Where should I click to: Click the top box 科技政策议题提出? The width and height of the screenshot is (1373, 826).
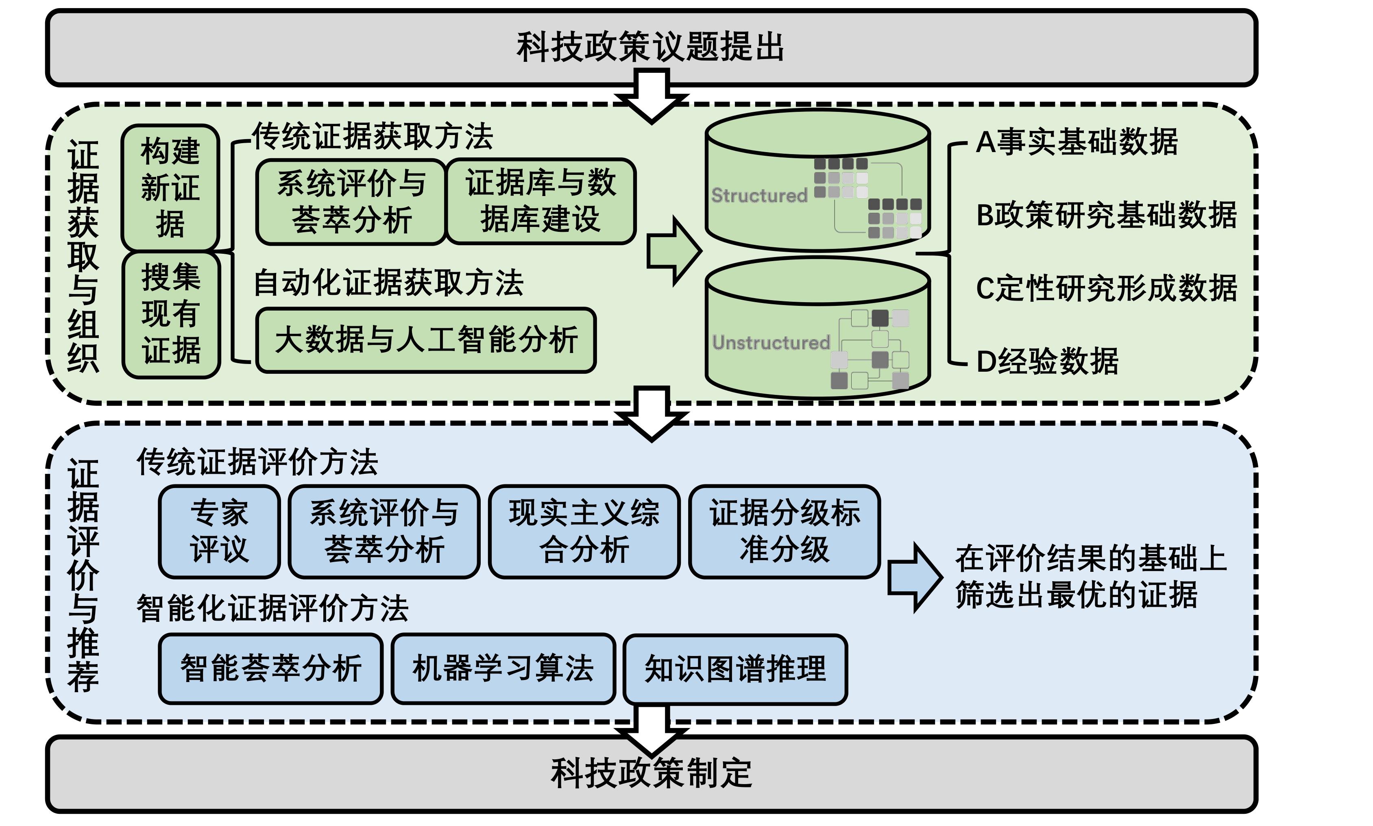coord(651,47)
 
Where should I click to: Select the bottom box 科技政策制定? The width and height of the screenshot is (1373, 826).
coord(651,774)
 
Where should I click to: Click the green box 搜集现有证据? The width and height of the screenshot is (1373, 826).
coord(171,314)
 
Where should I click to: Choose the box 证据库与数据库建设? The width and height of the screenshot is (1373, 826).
coord(541,201)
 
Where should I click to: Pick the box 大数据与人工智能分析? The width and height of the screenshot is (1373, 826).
coord(426,340)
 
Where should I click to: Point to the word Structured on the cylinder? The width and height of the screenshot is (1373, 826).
coord(759,195)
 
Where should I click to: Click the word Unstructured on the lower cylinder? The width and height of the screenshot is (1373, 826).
coord(771,342)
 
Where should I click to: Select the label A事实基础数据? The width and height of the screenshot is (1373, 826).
coord(1077,142)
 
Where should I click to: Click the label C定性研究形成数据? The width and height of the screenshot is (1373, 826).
coord(1107,288)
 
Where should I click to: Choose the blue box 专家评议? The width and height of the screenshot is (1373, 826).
coord(219,531)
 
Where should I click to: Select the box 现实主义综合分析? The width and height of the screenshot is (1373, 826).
coord(584,531)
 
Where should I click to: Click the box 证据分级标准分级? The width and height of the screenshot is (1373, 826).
coord(784,531)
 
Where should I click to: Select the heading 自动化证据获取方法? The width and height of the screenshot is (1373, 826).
coord(388,283)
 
